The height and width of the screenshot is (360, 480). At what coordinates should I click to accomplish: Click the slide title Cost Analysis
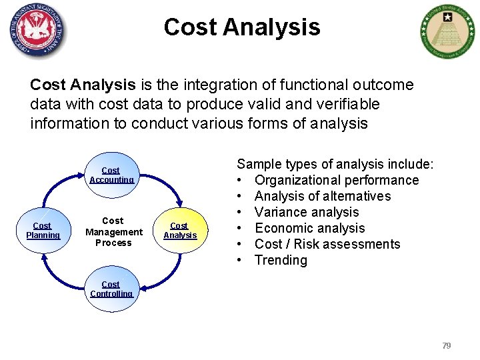pyautogui.click(x=241, y=27)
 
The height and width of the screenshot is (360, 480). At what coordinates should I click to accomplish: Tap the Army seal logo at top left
pyautogui.click(x=38, y=31)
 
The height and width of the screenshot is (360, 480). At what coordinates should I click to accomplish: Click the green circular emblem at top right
pyautogui.click(x=448, y=31)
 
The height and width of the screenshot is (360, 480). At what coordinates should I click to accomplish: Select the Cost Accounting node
pyautogui.click(x=111, y=175)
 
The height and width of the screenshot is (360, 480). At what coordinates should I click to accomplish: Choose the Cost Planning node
pyautogui.click(x=43, y=230)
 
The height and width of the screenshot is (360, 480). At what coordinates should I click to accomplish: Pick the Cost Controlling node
pyautogui.click(x=111, y=289)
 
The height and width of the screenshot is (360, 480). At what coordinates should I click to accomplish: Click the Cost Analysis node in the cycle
pyautogui.click(x=180, y=230)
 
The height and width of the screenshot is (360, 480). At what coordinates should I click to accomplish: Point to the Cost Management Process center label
pyautogui.click(x=113, y=231)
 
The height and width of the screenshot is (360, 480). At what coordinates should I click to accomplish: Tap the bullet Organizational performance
pyautogui.click(x=337, y=180)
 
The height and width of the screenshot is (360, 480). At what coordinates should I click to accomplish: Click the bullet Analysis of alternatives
pyautogui.click(x=323, y=196)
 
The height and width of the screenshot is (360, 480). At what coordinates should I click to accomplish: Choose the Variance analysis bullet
pyautogui.click(x=307, y=212)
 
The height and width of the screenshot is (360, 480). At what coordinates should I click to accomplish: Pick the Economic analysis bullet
pyautogui.click(x=310, y=228)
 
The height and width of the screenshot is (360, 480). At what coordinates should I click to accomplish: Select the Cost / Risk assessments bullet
pyautogui.click(x=327, y=244)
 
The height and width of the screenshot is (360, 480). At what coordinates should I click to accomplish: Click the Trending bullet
pyautogui.click(x=281, y=260)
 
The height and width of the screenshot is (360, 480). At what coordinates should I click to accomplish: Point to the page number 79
pyautogui.click(x=447, y=345)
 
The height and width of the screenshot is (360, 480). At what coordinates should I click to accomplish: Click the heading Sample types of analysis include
pyautogui.click(x=335, y=164)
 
